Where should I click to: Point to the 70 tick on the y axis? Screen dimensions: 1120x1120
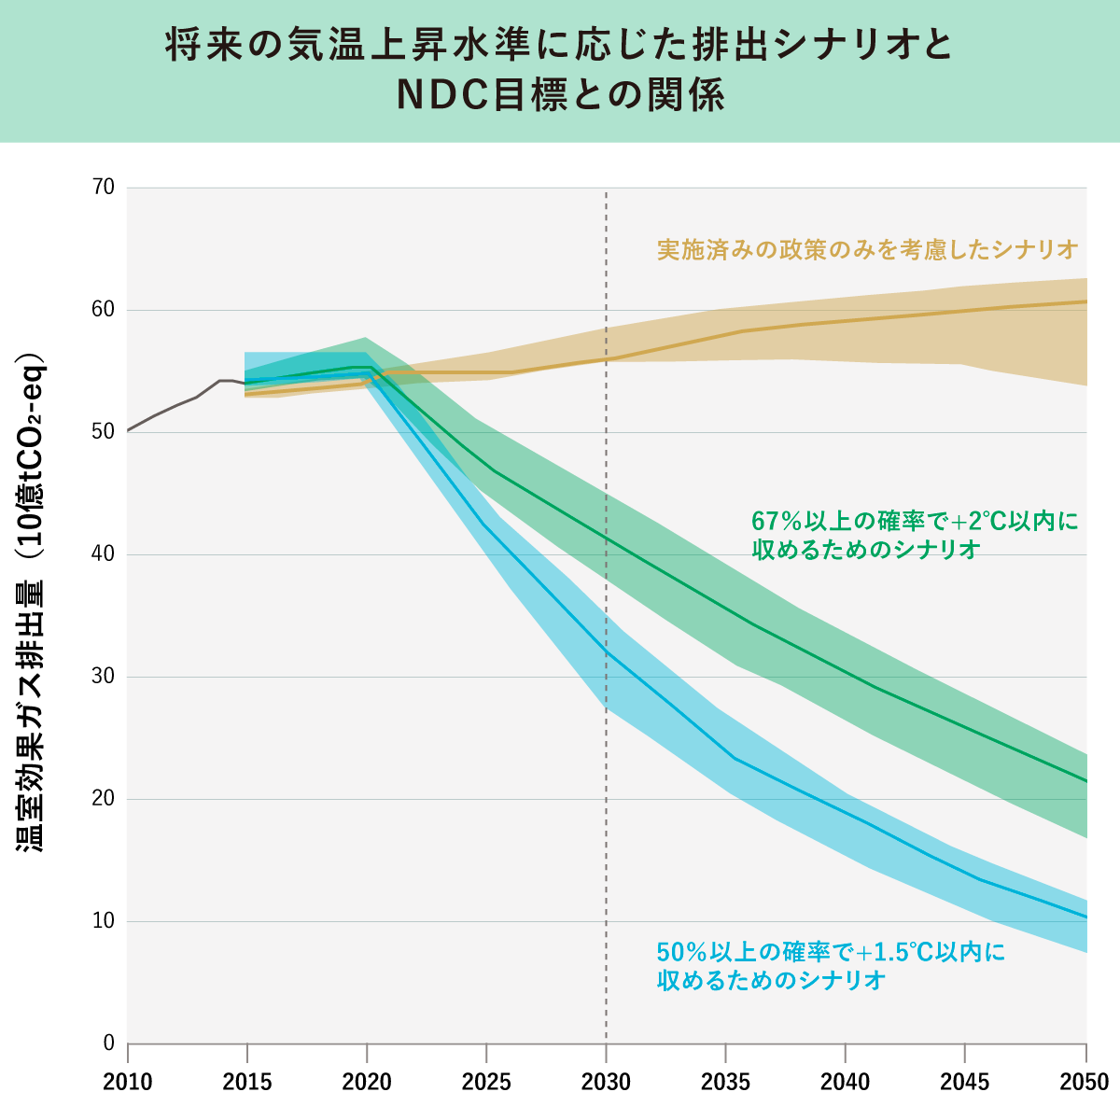click(x=104, y=188)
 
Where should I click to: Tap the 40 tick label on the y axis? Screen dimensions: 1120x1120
click(x=104, y=554)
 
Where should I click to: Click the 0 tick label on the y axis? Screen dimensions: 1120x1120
click(x=108, y=1043)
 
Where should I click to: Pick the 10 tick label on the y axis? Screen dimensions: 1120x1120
click(x=104, y=921)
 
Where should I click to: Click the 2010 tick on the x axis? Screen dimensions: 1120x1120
click(x=128, y=1083)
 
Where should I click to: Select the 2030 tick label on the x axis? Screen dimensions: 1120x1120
click(x=606, y=1083)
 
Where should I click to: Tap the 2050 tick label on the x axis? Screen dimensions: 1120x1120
click(x=1085, y=1083)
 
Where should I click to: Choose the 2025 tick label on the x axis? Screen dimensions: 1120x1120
click(x=486, y=1083)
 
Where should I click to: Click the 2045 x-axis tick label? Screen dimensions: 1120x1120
click(x=965, y=1083)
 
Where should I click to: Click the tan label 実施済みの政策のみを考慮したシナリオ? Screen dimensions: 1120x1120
click(x=867, y=250)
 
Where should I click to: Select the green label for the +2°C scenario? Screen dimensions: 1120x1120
click(x=915, y=535)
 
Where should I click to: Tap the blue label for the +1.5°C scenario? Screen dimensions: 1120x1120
click(x=831, y=966)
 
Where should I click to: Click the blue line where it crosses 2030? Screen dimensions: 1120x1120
click(x=607, y=651)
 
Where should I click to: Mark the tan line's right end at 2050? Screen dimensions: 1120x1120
click(x=1085, y=301)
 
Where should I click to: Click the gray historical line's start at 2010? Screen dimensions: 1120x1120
click(x=129, y=430)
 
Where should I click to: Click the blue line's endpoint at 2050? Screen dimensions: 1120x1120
click(x=1085, y=917)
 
